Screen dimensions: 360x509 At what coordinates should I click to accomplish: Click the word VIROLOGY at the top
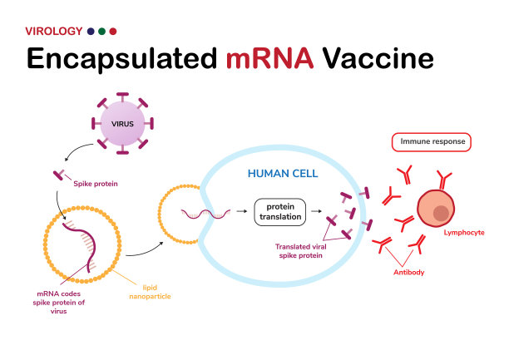point(54,31)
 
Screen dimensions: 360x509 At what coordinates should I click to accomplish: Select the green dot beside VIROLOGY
point(101,31)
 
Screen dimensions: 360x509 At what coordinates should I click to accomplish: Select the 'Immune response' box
point(430,142)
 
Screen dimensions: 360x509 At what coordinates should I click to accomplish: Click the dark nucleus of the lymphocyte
point(440,215)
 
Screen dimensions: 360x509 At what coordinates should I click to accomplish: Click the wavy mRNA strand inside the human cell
point(204,214)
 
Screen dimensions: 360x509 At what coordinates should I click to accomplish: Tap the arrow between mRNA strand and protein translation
point(241,213)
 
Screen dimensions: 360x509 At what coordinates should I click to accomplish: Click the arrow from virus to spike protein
point(69,155)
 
